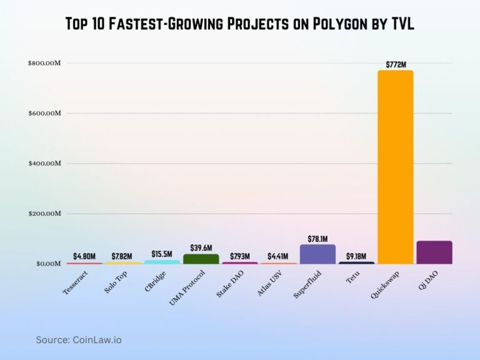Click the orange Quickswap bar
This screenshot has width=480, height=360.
(395, 167)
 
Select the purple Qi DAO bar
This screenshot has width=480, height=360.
(434, 252)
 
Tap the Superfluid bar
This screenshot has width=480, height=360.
(317, 254)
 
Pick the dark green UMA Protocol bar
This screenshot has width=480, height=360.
(201, 259)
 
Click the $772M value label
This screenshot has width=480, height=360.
(395, 64)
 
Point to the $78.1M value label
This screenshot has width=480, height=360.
(317, 239)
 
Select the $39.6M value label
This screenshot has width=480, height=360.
(201, 249)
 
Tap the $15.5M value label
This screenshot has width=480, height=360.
(162, 254)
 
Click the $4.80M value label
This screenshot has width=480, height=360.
(84, 256)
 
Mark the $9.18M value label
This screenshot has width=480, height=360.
(356, 256)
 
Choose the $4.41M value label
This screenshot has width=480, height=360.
(278, 256)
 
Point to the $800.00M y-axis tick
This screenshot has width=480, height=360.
(44, 63)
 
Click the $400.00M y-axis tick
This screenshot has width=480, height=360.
(44, 164)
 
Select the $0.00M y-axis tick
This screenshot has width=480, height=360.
(46, 264)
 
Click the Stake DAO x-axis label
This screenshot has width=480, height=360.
(232, 282)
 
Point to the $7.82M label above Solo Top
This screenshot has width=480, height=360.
(122, 256)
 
